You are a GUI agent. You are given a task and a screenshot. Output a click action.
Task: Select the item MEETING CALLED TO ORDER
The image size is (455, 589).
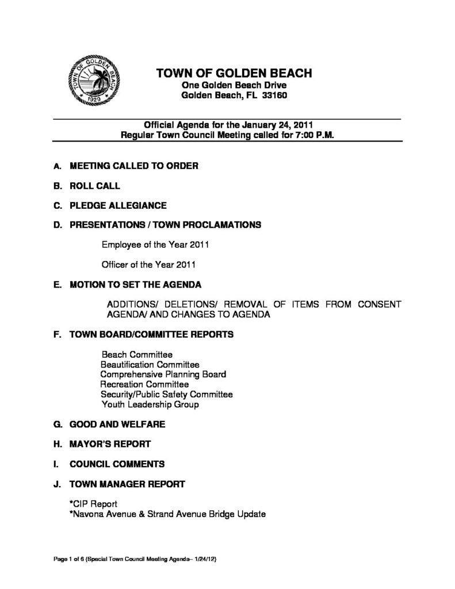click(x=133, y=166)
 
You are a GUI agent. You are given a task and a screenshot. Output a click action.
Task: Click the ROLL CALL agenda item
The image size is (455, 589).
click(x=95, y=186)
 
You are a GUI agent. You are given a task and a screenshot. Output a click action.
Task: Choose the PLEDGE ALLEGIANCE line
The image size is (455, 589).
click(x=118, y=205)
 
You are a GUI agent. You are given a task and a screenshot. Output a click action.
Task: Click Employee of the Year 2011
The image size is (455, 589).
click(x=155, y=244)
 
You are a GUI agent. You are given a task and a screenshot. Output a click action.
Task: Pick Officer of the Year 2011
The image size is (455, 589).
click(x=149, y=265)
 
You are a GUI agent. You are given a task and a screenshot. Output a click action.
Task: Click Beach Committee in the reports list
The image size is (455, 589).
click(x=137, y=355)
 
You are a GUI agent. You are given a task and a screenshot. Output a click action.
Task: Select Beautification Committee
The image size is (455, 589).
click(x=150, y=365)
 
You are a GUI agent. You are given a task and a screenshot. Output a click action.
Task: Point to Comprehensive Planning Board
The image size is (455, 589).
click(x=163, y=374)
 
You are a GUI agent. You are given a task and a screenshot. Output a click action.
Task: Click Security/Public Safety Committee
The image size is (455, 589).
click(x=166, y=395)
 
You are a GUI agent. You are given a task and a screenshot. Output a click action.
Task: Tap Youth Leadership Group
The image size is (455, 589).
click(x=150, y=404)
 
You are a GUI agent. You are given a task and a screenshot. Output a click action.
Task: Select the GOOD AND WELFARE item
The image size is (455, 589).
click(x=117, y=424)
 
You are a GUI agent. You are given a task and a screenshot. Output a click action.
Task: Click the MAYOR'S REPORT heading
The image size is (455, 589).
click(x=110, y=444)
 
